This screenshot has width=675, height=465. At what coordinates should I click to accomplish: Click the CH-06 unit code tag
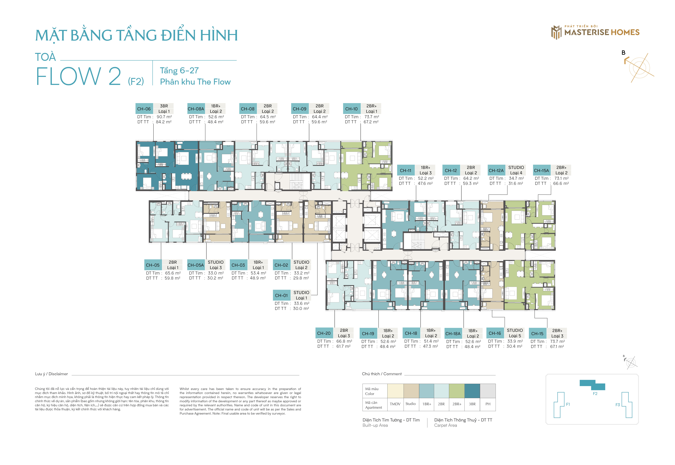[144, 109]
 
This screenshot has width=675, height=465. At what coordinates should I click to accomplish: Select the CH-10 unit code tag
[352, 109]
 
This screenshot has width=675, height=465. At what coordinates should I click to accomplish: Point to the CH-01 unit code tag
[281, 295]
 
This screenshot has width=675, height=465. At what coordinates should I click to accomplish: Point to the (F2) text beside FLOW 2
[136, 81]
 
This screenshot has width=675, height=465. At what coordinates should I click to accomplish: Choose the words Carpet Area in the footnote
[446, 425]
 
